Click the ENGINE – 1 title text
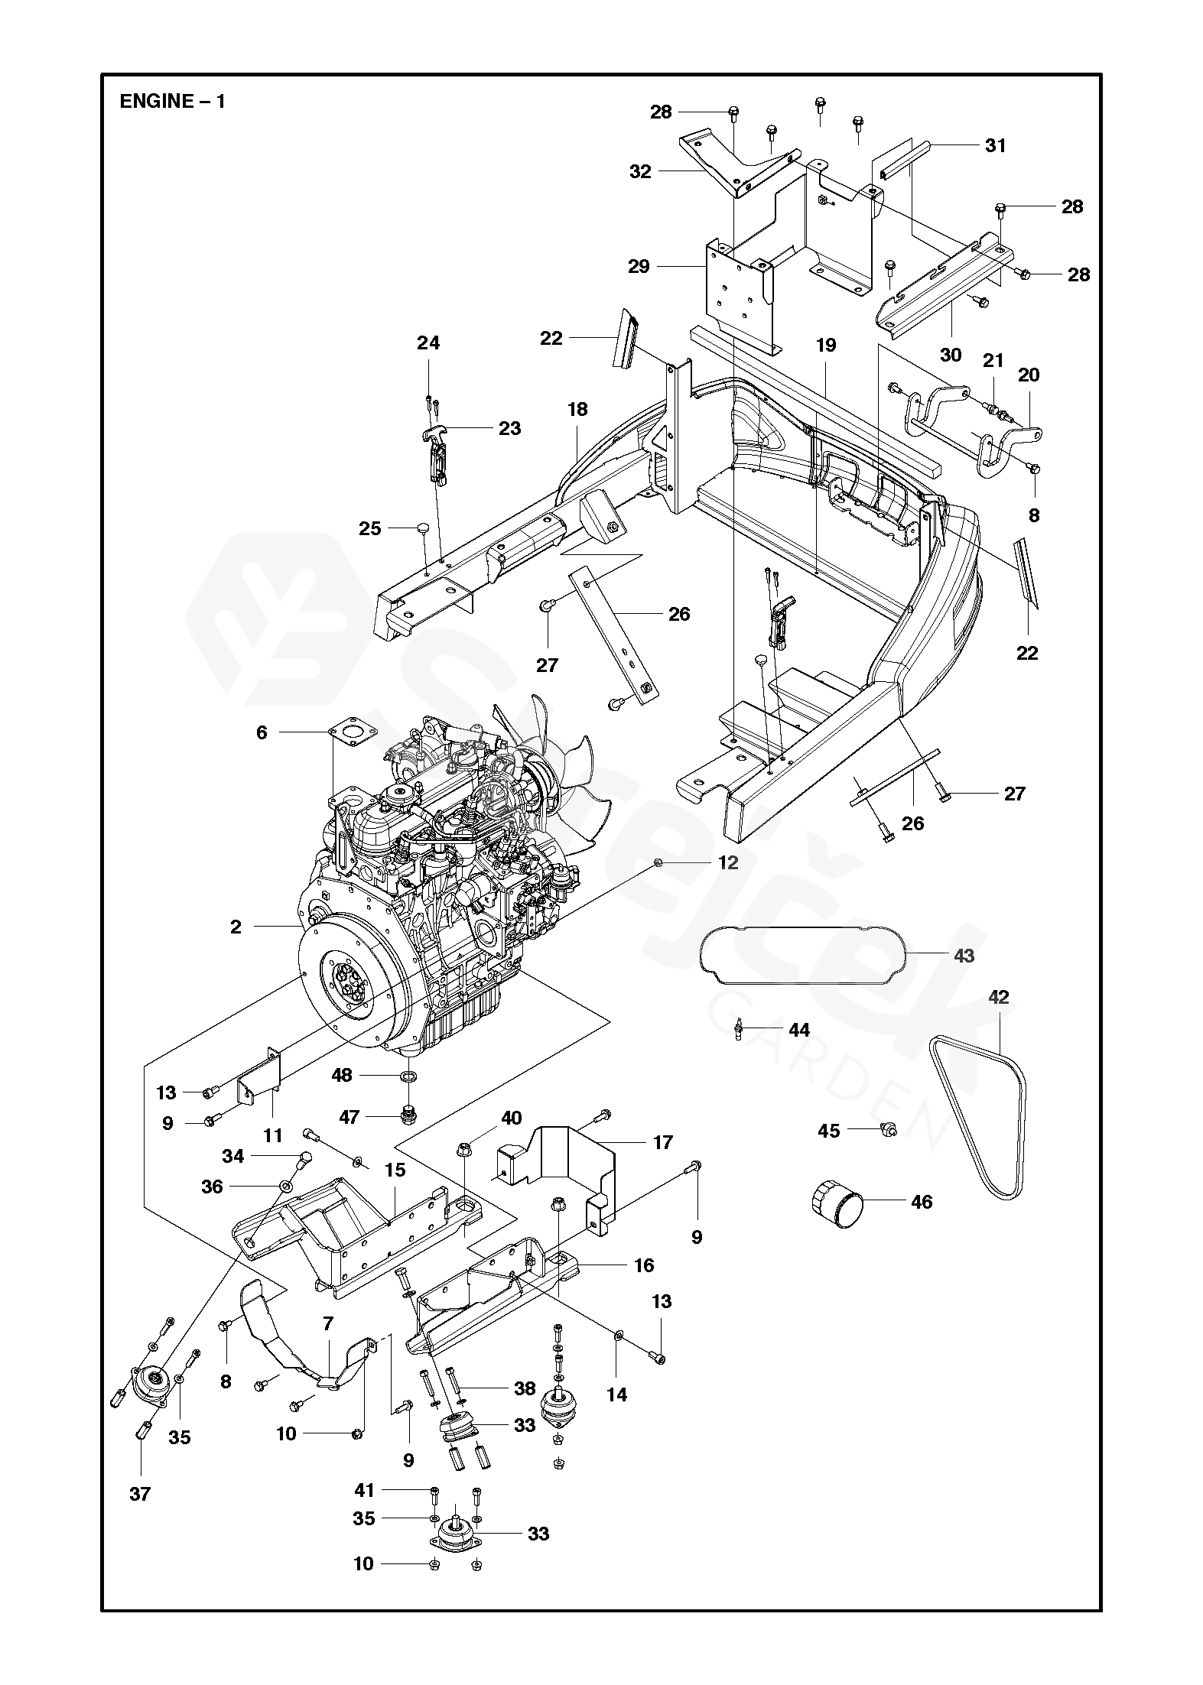[172, 101]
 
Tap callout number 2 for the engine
[236, 927]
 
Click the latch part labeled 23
[437, 454]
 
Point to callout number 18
[577, 409]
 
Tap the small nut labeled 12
[657, 862]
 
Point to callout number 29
[639, 266]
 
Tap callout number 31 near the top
[996, 145]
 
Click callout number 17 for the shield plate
[663, 1164]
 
